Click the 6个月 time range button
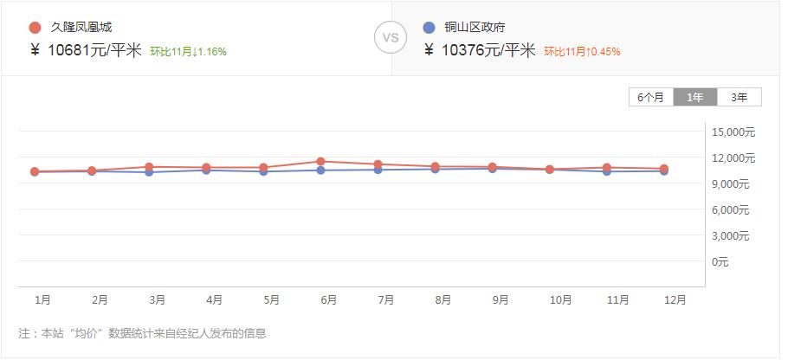[651, 97]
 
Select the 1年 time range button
[695, 97]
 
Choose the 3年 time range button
[739, 97]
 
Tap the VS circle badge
[391, 38]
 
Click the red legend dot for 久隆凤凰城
[35, 28]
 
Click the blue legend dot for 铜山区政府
[429, 28]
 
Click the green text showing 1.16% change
[188, 52]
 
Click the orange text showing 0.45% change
[582, 52]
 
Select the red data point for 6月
[321, 162]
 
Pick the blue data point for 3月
[150, 172]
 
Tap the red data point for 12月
[664, 169]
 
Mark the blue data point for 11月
[607, 171]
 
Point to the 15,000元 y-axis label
[733, 132]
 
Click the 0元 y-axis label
[720, 261]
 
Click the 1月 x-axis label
[42, 300]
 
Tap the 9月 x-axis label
[501, 300]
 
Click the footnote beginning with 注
[142, 333]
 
